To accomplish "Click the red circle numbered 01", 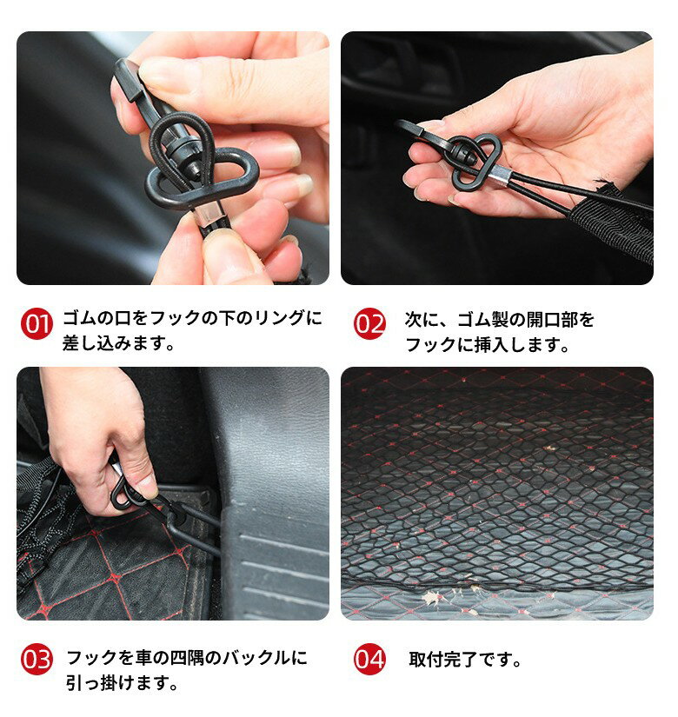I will tap(37, 324).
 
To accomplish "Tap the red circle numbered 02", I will tap(369, 324).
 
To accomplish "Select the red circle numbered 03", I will tap(37, 660).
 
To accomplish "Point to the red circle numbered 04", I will tap(369, 660).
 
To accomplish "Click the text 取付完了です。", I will tap(466, 660).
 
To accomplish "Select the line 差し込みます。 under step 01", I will tap(119, 343).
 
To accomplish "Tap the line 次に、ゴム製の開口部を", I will tap(500, 319).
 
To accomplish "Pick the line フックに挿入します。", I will tap(488, 344).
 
